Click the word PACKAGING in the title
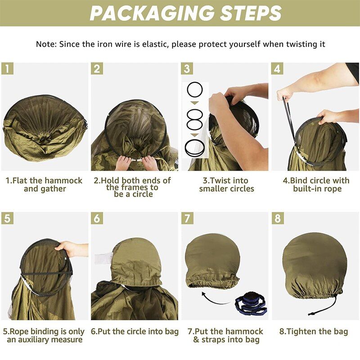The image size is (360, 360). [152, 13]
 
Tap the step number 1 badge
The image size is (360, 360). [7, 68]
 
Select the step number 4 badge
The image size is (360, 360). [277, 68]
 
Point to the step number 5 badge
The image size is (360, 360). [7, 218]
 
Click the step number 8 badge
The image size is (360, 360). [278, 218]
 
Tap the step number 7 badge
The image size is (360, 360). [187, 218]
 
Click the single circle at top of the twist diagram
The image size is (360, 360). [195, 90]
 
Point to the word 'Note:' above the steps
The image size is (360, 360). [46, 44]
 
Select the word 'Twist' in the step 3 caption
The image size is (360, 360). [220, 180]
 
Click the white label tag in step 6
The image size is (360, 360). [103, 258]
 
